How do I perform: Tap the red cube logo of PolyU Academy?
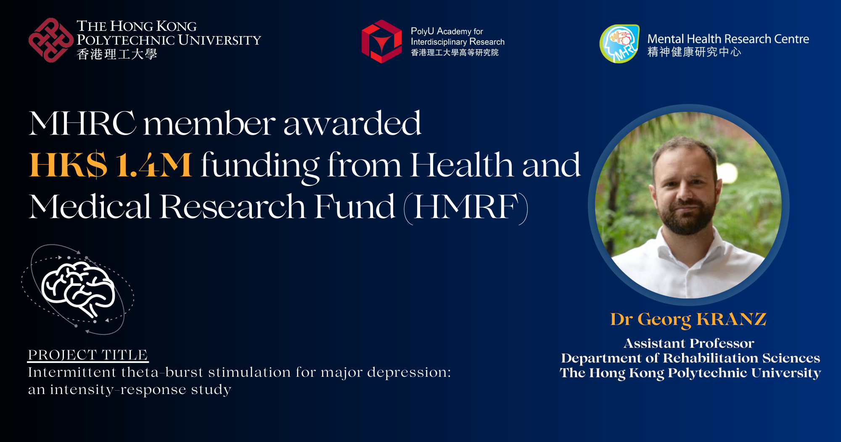[382, 41]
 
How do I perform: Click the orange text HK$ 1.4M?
[110, 165]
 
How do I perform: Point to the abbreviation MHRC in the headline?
[82, 123]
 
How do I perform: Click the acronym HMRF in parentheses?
[466, 207]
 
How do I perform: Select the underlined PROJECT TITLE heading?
[88, 355]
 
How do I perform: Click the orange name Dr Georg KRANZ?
[688, 319]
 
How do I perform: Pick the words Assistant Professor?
[689, 343]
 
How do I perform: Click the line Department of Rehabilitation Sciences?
[690, 358]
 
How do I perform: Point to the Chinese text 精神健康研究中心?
[694, 52]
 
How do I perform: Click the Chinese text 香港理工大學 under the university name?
[117, 54]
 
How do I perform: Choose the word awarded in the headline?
[352, 123]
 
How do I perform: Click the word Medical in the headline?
[90, 207]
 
